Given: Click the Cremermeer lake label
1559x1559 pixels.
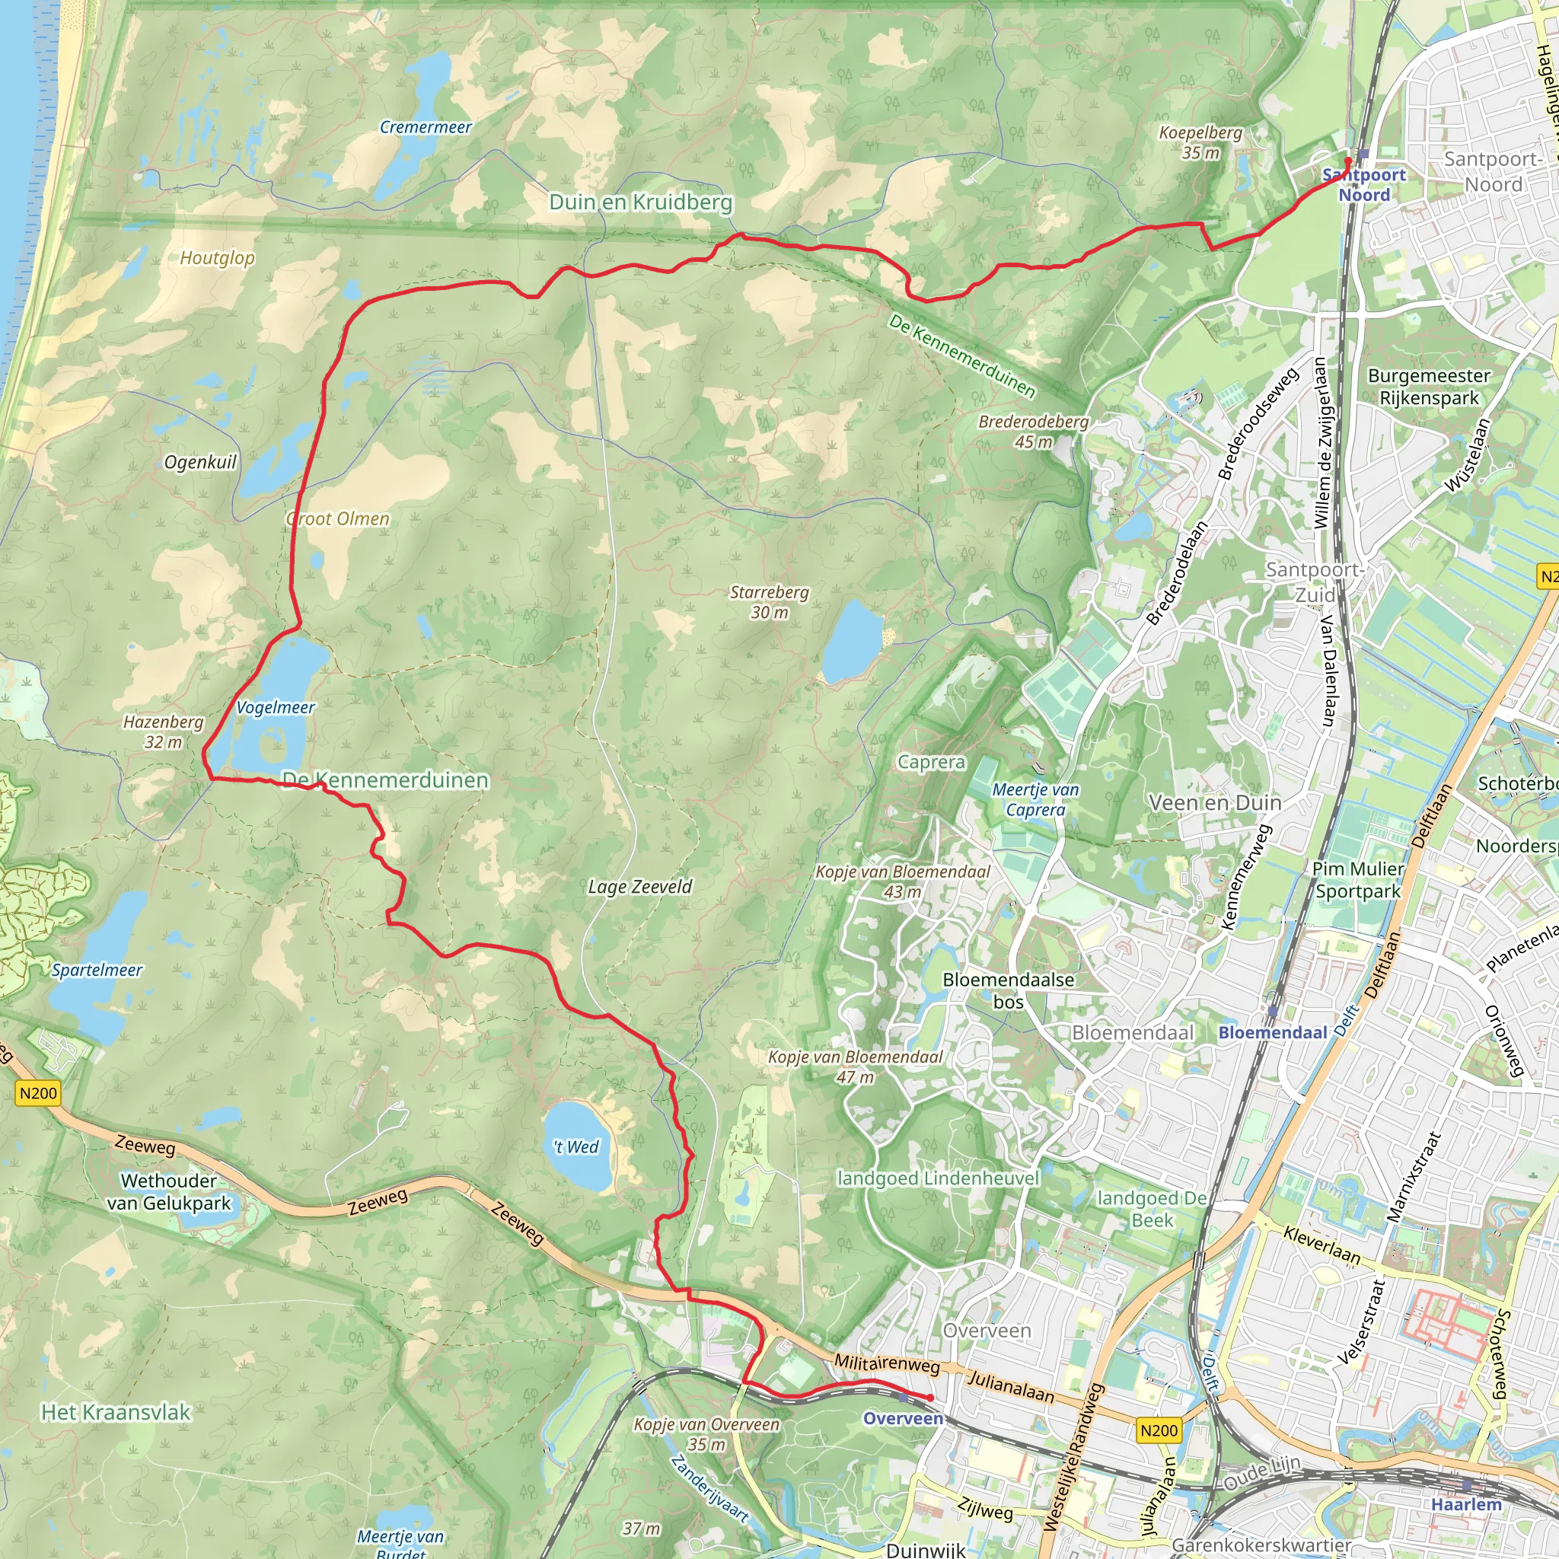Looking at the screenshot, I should coord(426,127).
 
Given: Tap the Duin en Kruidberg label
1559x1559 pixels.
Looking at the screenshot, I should coord(641,202).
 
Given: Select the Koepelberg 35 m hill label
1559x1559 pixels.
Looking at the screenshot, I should coord(1200,143).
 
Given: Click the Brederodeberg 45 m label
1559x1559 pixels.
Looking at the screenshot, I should coord(1034,432).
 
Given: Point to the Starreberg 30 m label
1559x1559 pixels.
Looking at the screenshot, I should coord(769,602).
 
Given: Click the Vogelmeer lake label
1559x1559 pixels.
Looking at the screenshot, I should coord(275,708).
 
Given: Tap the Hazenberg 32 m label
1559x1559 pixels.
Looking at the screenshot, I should coord(163,732).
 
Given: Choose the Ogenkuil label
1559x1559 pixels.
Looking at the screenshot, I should coord(200,462).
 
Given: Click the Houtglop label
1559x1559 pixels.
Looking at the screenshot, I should coord(217,258).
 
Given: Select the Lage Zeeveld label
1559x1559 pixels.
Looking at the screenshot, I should coord(640,887).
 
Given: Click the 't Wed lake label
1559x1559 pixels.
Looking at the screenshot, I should coord(576,1146).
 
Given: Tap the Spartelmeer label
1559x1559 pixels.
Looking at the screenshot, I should coord(97,970).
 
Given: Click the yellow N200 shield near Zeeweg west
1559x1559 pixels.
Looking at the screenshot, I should coord(38,1093).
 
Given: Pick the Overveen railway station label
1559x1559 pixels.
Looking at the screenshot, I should coord(903,1419).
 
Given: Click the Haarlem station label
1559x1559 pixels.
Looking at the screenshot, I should coord(1466,1504).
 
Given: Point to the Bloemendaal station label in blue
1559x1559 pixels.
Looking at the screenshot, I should coord(1273,1033).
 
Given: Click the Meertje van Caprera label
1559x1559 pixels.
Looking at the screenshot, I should coord(1035,800).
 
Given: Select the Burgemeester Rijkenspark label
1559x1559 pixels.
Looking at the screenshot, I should coord(1429,387).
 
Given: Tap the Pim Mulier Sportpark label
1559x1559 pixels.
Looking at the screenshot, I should coord(1358,879).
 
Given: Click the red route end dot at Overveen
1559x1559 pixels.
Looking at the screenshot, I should coord(930,1398).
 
